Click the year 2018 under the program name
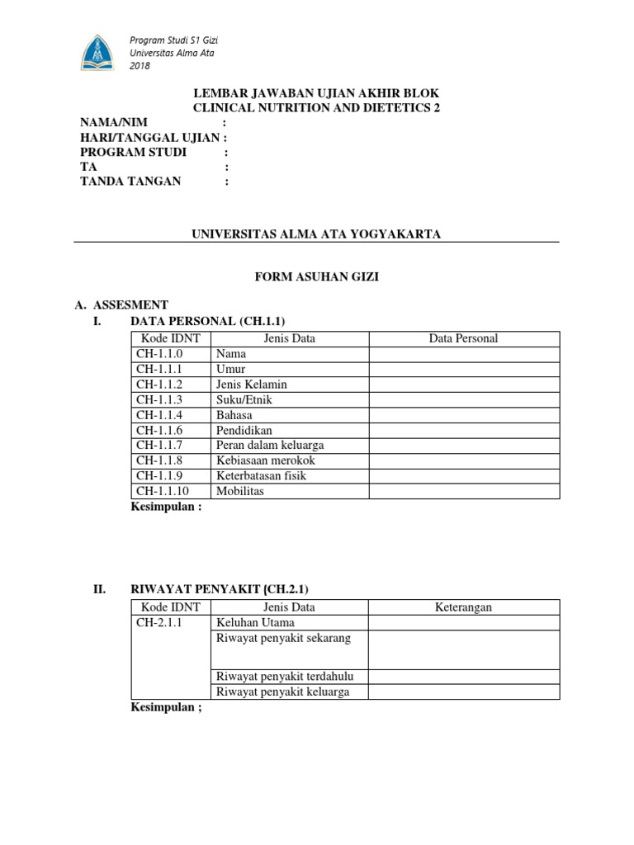(x=140, y=66)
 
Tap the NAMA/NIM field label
(x=114, y=122)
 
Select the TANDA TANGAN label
(x=130, y=182)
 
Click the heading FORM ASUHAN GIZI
(x=316, y=277)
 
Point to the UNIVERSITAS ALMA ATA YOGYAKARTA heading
(x=316, y=234)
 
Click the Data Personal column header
(x=464, y=338)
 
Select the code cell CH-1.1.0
(x=160, y=354)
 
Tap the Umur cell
(x=231, y=369)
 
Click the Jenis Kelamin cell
(x=252, y=385)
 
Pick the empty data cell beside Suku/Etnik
(x=464, y=399)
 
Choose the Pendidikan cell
(x=244, y=430)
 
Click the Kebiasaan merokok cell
(x=266, y=460)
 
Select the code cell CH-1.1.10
(x=163, y=491)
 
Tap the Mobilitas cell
(x=240, y=491)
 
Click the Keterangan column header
(x=464, y=607)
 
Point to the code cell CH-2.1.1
(x=160, y=623)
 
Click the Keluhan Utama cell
(x=255, y=623)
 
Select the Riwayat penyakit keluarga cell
(x=282, y=692)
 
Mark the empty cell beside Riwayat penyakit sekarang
(x=464, y=649)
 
